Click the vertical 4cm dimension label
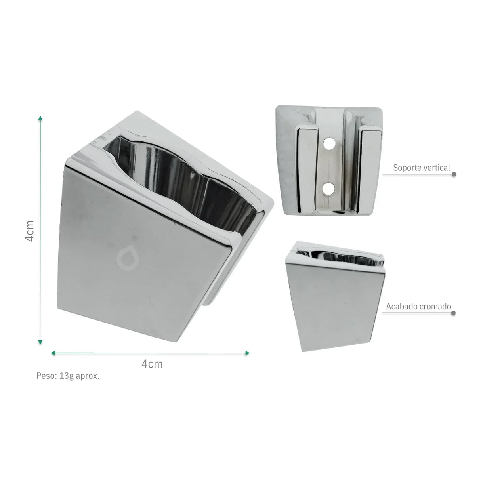coord(30,231)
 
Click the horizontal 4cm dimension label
coord(152,364)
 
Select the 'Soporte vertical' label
coord(422,168)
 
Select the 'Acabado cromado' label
coord(419,307)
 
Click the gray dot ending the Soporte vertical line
coord(454,174)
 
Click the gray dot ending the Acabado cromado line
coord(454,313)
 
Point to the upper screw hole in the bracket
coord(329,143)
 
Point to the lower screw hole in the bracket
coord(328,189)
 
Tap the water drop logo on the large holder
coord(128,257)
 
